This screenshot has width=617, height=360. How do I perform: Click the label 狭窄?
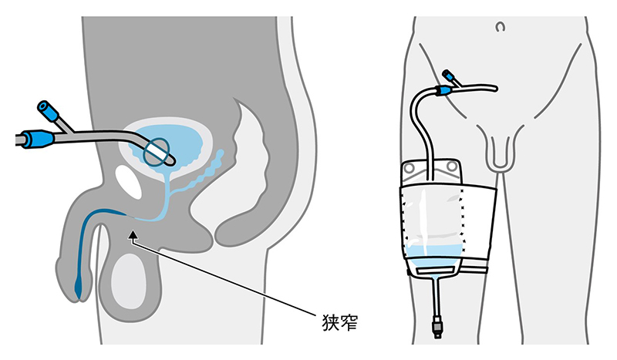(340, 323)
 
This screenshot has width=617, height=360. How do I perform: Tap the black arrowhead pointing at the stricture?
(133, 234)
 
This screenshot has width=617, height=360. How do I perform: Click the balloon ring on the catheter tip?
(157, 152)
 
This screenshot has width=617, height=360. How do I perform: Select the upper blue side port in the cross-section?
(48, 111)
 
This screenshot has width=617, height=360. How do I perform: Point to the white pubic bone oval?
(128, 181)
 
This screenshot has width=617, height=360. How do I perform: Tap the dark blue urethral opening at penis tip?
(79, 287)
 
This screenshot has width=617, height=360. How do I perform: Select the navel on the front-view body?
(500, 27)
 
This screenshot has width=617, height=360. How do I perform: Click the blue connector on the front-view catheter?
(444, 91)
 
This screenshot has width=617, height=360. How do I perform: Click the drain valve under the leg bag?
(437, 326)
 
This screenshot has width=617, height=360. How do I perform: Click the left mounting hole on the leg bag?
(410, 168)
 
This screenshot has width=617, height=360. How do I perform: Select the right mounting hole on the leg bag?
(452, 167)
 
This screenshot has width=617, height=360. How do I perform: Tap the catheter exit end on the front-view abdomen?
(494, 89)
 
